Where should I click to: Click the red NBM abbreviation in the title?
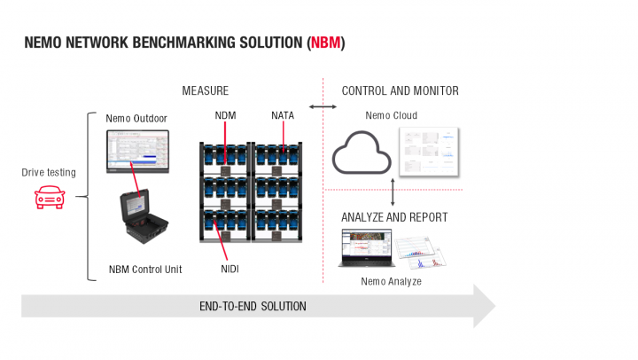(325, 43)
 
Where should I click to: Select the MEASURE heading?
(205, 91)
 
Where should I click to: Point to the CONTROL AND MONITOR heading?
(400, 91)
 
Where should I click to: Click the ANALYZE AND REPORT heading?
(394, 217)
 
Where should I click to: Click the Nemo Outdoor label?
(136, 118)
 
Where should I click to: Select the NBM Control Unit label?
(145, 269)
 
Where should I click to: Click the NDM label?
(225, 115)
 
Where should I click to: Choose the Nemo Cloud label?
(391, 115)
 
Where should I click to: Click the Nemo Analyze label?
(390, 281)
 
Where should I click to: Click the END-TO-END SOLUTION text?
(253, 306)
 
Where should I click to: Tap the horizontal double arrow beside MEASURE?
(323, 107)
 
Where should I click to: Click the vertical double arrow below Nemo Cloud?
(392, 191)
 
